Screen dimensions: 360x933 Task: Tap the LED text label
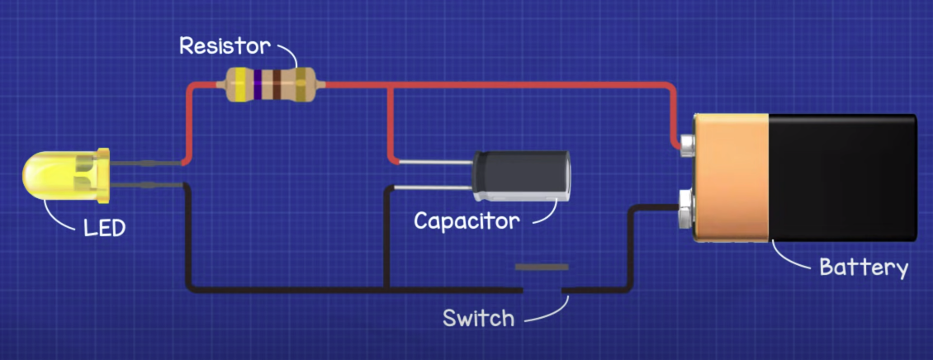[104, 227]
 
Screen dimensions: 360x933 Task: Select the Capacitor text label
[466, 221]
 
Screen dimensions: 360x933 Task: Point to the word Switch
[478, 318]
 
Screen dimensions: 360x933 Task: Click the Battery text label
[863, 268]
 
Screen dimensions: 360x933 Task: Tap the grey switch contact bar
[542, 268]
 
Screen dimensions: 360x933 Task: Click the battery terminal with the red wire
[686, 146]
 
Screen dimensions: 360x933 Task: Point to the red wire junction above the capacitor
[390, 85]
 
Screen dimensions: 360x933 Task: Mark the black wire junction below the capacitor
[387, 290]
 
